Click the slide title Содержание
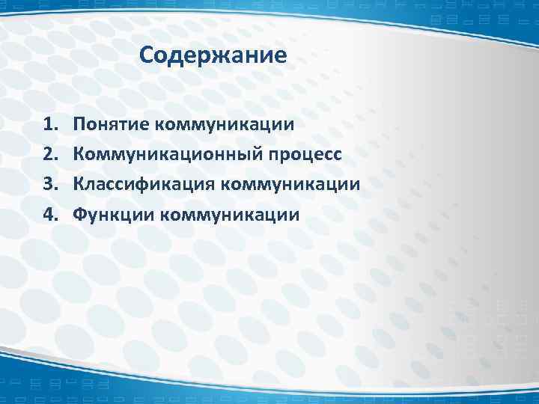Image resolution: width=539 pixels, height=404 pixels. coord(213,55)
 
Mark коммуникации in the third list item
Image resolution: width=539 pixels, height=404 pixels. coord(285,184)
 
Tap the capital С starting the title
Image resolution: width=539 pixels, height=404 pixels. coord(146,55)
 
